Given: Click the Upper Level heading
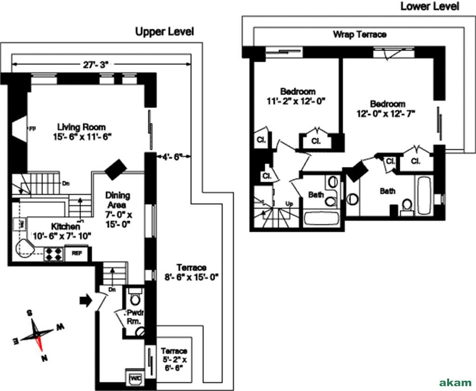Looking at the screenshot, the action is tap(164, 32).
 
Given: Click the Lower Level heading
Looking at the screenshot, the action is tap(430, 6).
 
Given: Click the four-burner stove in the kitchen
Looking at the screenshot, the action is tap(53, 254).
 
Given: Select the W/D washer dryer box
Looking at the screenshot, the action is tap(136, 378).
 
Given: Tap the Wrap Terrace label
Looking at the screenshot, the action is tap(359, 34).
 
